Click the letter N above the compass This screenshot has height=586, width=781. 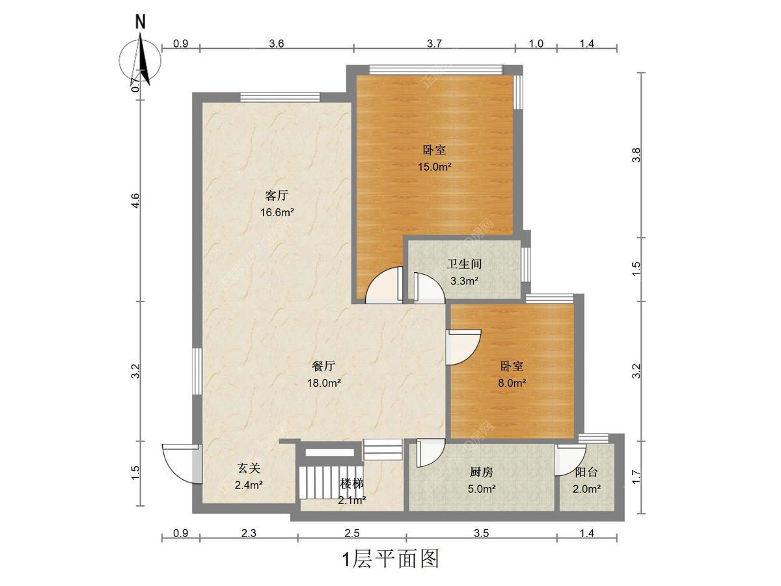click(141, 21)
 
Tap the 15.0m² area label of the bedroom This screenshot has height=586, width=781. click(435, 167)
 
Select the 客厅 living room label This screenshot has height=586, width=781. click(277, 195)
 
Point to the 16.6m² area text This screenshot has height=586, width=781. click(277, 212)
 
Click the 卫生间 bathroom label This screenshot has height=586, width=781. click(464, 264)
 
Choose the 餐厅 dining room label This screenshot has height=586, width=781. click(323, 366)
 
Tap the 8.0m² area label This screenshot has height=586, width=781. click(512, 383)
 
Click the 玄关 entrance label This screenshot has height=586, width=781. click(249, 468)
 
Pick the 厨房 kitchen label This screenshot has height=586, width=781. click(482, 472)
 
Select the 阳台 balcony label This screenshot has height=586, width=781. click(586, 472)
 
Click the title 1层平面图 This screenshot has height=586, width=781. click(390, 559)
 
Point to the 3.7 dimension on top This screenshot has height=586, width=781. click(434, 44)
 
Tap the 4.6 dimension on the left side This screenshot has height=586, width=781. click(136, 201)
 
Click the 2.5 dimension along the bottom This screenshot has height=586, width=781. click(352, 533)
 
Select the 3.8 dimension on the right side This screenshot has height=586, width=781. click(636, 155)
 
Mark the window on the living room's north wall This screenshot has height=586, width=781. click(280, 97)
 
